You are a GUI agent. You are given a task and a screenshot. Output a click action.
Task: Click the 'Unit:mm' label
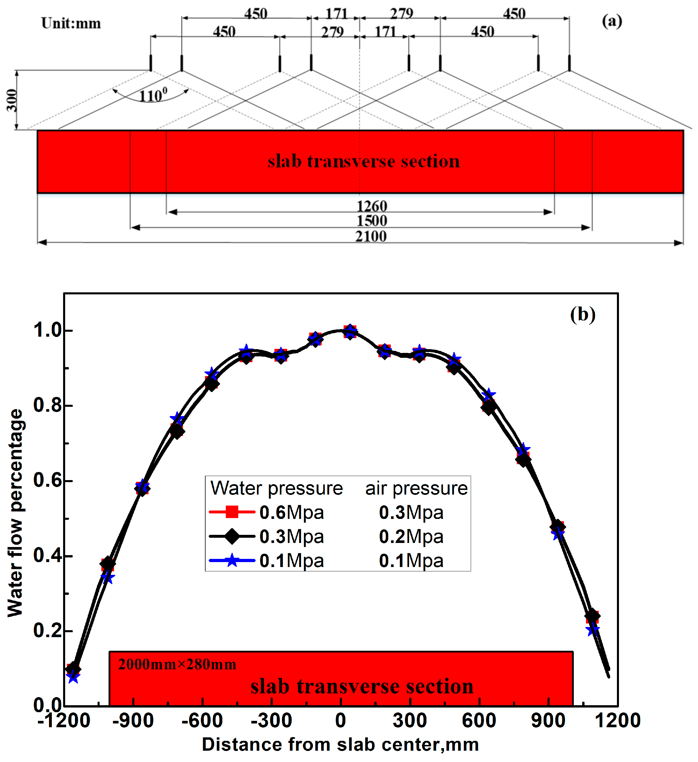point(71,23)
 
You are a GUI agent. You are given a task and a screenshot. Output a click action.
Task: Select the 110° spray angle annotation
point(153,95)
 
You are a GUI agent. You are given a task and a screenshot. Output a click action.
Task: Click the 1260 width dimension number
point(372,206)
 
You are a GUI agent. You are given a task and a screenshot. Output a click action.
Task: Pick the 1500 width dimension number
point(372,221)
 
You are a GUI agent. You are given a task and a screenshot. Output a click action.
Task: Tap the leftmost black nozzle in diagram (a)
point(151,63)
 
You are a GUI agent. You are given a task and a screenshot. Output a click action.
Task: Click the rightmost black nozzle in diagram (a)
point(569,63)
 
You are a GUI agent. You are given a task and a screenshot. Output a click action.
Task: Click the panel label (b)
point(583,314)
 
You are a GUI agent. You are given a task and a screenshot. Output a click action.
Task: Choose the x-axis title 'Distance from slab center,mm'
point(340,745)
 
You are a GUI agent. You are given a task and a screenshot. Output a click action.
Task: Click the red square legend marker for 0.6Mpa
point(232,512)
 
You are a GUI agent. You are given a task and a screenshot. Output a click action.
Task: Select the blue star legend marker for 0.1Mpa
point(232,561)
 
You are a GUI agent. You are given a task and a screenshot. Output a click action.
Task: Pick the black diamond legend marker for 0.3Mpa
point(232,536)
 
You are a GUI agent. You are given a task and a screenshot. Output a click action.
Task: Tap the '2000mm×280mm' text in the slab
point(177,664)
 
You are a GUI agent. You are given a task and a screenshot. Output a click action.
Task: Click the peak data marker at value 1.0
point(350,332)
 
